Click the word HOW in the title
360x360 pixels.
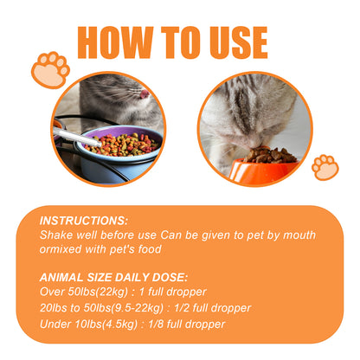[x=115, y=42]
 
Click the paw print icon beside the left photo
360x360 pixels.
[x=50, y=70]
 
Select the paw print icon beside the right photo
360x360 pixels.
[x=325, y=168]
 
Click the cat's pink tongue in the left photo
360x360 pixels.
[x=144, y=93]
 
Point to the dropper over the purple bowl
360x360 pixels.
[x=77, y=137]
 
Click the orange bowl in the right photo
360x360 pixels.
[x=262, y=171]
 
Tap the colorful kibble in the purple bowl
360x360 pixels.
[x=123, y=145]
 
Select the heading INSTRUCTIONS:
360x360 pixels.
[x=84, y=221]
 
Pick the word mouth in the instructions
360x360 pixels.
[x=299, y=235]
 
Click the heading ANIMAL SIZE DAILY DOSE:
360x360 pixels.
[x=113, y=278]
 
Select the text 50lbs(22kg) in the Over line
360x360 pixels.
[x=98, y=292]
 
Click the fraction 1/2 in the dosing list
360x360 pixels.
[x=182, y=308]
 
